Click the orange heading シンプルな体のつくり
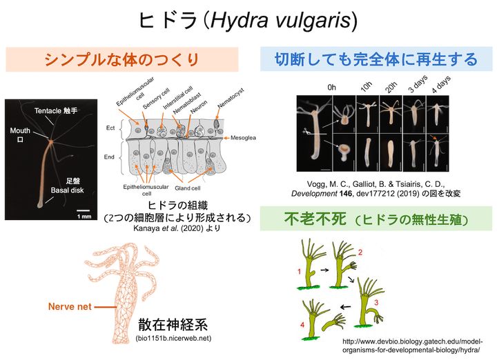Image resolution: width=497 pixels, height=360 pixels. tap(122, 60)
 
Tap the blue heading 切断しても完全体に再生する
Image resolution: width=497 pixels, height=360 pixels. tap(376, 60)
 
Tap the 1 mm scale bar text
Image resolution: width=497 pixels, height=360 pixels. tap(84, 217)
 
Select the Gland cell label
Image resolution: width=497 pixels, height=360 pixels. tap(206, 188)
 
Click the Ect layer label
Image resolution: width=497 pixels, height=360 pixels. tap(110, 128)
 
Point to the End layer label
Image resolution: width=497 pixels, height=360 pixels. tap(109, 157)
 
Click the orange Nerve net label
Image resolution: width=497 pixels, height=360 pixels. tap(70, 306)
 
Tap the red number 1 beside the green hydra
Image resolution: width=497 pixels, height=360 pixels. tap(299, 272)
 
